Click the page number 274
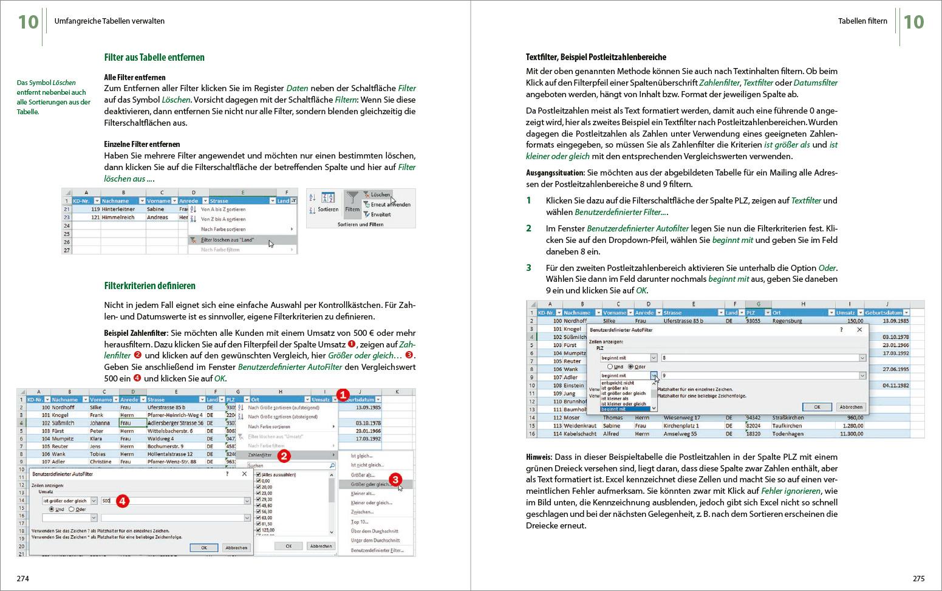coord(22,578)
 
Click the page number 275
coord(918,578)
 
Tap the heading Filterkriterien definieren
coord(149,285)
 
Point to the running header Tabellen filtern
coord(862,21)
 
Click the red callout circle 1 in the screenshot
coord(343,395)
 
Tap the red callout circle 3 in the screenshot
coord(395,480)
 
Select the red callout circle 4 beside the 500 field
coord(122,500)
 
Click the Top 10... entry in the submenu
coord(360,522)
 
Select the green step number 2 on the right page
coord(529,228)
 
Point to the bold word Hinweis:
coord(539,457)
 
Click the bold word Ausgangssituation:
coord(555,173)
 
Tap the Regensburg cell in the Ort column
coord(787,321)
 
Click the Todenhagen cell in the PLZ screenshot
coord(787,434)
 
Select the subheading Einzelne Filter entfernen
coord(142,144)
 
